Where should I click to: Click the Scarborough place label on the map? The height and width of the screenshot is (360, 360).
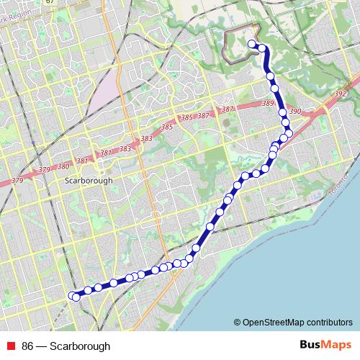[89, 181]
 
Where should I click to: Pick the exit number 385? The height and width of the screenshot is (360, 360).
[168, 127]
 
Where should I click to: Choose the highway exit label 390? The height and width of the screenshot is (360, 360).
[294, 112]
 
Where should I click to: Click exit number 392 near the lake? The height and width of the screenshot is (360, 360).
[341, 94]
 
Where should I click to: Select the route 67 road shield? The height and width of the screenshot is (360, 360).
[49, 2]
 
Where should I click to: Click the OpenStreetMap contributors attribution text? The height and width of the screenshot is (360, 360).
[297, 322]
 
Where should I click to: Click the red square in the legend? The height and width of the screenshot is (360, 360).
[11, 346]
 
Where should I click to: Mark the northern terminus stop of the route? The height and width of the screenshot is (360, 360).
[252, 45]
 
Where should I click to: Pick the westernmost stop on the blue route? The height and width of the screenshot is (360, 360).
[72, 295]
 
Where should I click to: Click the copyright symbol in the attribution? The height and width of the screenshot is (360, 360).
[238, 322]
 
